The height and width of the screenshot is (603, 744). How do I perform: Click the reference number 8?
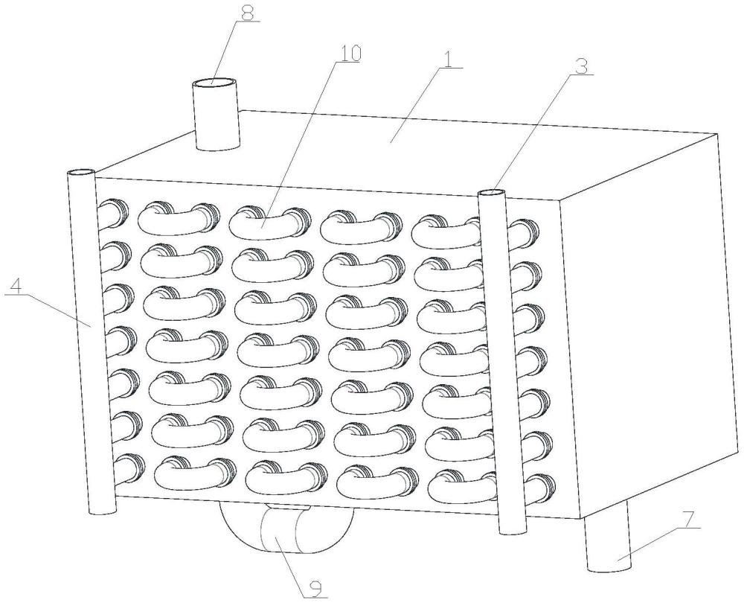[x=247, y=13]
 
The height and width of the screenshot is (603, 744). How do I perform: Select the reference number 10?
[x=349, y=54]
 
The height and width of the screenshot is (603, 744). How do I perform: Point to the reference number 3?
[x=582, y=66]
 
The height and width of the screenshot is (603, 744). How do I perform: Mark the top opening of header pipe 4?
[x=81, y=172]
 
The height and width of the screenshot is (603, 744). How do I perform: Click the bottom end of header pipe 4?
[x=103, y=511]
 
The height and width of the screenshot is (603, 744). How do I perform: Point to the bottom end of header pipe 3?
[x=513, y=529]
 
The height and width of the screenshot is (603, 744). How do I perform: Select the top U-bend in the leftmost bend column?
[x=179, y=219]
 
